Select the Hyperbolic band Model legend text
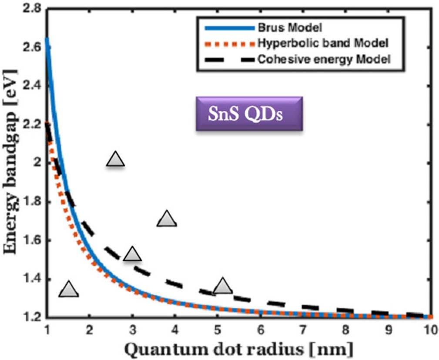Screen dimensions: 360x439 click(x=322, y=43)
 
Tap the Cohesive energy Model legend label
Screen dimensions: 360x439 click(x=324, y=59)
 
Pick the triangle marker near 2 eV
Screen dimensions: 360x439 click(x=115, y=160)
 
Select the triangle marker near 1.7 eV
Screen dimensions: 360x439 click(x=167, y=219)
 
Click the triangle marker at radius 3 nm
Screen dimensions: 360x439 click(x=132, y=253)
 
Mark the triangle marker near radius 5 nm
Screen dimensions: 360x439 click(x=223, y=286)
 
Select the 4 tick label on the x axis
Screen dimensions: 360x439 click(x=175, y=330)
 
